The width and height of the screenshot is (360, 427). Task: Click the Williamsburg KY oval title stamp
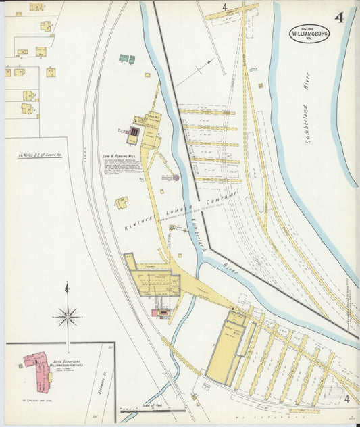(x=311, y=33)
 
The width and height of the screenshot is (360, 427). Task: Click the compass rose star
(x=68, y=316)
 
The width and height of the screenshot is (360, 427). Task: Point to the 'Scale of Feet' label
(x=153, y=405)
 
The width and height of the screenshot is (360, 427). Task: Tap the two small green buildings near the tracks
(x=127, y=59)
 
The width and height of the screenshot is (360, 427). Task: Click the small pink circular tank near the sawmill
(x=176, y=178)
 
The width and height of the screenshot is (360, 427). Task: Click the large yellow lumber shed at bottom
(x=225, y=352)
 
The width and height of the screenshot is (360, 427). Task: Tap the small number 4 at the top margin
(x=224, y=8)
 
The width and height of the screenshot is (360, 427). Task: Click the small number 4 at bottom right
(x=346, y=400)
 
